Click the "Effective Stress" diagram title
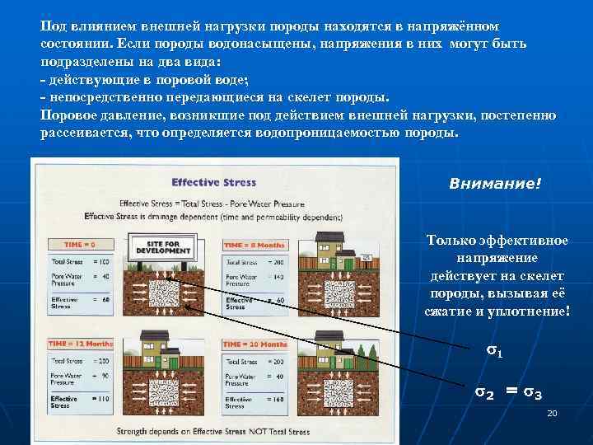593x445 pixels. click(213, 182)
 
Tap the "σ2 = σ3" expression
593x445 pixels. click(507, 393)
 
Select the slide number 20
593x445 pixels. click(553, 412)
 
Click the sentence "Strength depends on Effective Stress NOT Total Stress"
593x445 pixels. click(213, 431)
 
